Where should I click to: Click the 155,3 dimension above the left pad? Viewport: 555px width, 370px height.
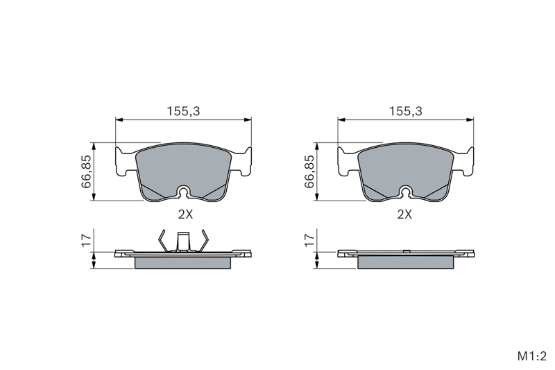[x=183, y=111]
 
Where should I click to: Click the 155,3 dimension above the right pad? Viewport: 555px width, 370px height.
[x=406, y=111]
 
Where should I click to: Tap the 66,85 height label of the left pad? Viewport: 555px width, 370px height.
[x=86, y=171]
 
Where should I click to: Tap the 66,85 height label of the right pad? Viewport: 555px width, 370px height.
[x=309, y=171]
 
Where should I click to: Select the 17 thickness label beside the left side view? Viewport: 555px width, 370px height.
[x=86, y=239]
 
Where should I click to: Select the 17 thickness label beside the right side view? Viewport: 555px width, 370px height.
[x=309, y=239]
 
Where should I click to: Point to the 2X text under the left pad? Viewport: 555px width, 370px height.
[x=185, y=214]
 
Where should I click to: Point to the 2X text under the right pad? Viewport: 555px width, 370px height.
[x=404, y=214]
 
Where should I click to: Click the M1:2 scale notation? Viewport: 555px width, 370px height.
[x=532, y=356]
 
